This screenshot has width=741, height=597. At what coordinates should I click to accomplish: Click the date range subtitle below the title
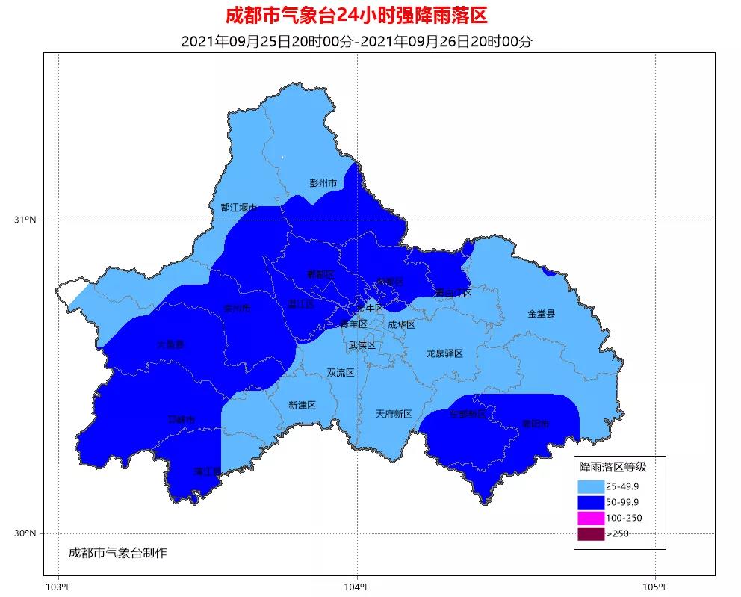[x=356, y=41]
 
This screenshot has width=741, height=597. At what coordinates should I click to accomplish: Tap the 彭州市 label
[x=323, y=183]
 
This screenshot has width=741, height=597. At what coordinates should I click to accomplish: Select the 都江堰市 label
[x=238, y=208]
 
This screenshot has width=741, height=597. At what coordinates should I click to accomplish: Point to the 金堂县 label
[x=542, y=314]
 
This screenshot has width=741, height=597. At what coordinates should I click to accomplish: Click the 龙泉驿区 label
[x=445, y=353]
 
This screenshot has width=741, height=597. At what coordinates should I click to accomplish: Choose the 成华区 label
[x=401, y=324]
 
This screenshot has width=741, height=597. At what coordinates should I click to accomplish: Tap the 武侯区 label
[x=362, y=345]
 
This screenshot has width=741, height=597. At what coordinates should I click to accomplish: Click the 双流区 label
[x=340, y=373]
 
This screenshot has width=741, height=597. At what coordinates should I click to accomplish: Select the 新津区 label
[x=302, y=405]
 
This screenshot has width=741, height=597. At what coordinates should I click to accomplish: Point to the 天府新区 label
[x=394, y=414]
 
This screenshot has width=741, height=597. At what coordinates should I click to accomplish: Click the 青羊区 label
[x=353, y=324]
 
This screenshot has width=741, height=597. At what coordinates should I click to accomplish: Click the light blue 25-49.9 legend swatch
[x=590, y=486]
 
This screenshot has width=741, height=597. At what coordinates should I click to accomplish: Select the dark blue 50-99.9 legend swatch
[x=590, y=501]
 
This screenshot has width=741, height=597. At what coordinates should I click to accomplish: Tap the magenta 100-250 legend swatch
[x=590, y=518]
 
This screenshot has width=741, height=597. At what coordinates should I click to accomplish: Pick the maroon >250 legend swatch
[x=590, y=533]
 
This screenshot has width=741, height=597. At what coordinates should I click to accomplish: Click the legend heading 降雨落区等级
[x=613, y=467]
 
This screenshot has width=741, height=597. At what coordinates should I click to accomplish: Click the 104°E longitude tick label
[x=356, y=584]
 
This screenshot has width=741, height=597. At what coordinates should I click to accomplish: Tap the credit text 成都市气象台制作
[x=117, y=553]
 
